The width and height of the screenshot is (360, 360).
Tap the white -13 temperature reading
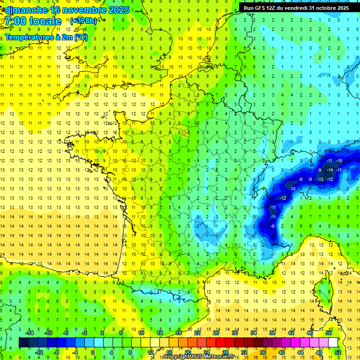(321, 179)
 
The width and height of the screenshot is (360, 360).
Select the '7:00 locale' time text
(34, 21)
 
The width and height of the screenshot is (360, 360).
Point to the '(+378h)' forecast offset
(83, 21)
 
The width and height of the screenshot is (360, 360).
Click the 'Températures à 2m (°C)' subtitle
(46, 37)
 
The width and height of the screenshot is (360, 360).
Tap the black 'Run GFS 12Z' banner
(296, 7)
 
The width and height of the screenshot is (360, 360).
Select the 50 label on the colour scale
(328, 333)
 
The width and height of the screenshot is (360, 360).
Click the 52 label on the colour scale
(337, 352)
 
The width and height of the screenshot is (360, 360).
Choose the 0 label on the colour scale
(92, 352)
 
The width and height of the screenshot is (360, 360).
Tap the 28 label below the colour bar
(225, 352)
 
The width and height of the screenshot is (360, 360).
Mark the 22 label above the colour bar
(197, 333)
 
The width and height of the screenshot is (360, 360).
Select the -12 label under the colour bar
(39, 352)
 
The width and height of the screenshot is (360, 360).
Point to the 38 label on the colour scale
(272, 333)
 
